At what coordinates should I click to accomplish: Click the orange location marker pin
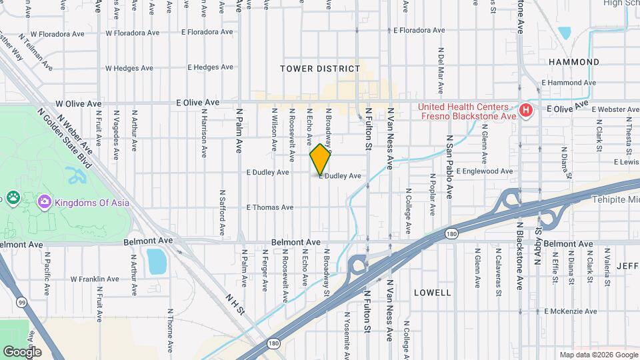320,159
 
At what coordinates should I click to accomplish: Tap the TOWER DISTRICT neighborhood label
320,69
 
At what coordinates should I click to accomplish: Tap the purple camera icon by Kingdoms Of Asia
44,201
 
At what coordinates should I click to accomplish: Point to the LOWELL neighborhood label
432,293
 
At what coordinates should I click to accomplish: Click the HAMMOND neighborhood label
573,62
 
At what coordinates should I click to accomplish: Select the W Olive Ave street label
78,104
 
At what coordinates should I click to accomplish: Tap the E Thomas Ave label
269,207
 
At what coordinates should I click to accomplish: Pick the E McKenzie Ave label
573,311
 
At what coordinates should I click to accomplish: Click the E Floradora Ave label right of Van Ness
419,31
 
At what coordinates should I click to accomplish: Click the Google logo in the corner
22,351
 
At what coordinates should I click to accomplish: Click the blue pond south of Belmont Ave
155,261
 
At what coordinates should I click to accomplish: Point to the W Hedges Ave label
132,68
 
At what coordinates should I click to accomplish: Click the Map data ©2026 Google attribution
597,355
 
